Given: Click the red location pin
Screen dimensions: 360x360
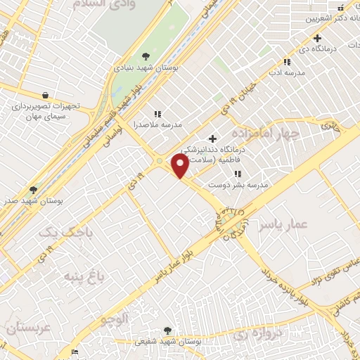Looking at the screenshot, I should [181, 166].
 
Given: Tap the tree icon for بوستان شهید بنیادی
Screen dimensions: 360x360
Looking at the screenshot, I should [146, 56].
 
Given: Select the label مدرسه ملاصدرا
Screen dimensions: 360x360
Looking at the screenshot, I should [158, 124].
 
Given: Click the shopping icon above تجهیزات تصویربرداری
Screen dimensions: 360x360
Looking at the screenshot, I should [46, 95].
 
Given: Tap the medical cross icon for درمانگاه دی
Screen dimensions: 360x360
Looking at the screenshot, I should [318, 38].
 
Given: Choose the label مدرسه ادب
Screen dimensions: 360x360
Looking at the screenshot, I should [286, 72].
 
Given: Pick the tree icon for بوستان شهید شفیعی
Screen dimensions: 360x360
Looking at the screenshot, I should [167, 330].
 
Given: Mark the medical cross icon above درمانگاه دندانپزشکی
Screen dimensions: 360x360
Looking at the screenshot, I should [213, 138].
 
